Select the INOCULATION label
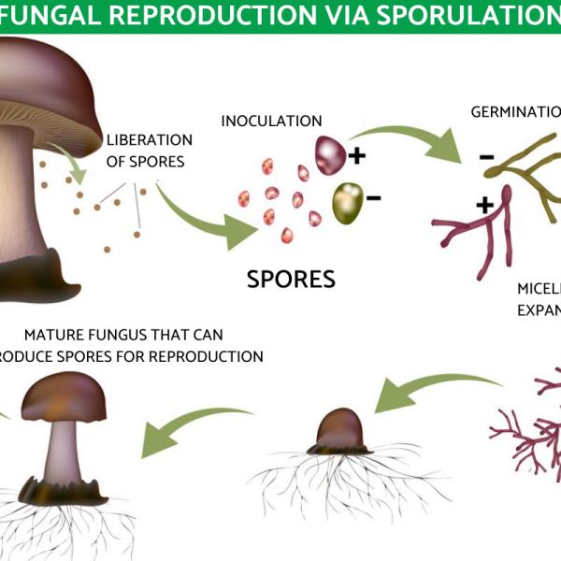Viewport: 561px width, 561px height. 271,122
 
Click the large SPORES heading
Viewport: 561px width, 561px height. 291,279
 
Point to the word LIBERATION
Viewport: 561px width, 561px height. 150,140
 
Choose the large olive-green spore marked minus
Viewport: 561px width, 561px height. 347,197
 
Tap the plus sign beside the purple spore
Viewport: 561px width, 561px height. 357,154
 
